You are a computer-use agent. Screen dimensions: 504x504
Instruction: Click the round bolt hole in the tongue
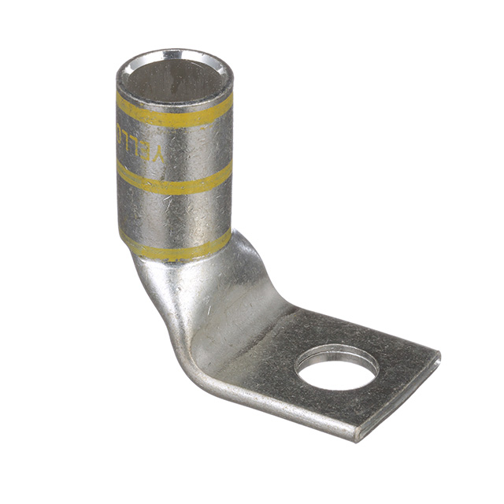pyautogui.click(x=337, y=369)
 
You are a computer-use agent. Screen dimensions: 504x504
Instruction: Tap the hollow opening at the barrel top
pyautogui.click(x=174, y=80)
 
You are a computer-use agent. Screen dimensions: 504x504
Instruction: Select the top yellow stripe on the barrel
pyautogui.click(x=173, y=115)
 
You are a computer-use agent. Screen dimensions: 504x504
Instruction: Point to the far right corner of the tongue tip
pyautogui.click(x=438, y=358)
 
